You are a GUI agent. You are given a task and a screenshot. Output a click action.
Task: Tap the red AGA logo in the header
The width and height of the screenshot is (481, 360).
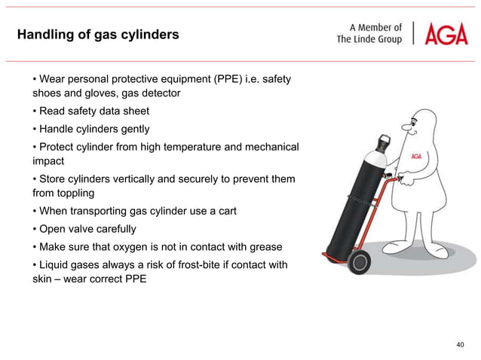446,34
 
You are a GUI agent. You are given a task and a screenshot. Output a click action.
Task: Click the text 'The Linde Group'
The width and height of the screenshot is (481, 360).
369,40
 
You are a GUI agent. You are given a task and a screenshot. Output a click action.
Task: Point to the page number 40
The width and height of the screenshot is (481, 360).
461,344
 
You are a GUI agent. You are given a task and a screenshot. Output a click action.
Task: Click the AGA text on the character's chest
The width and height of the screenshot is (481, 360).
415,157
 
